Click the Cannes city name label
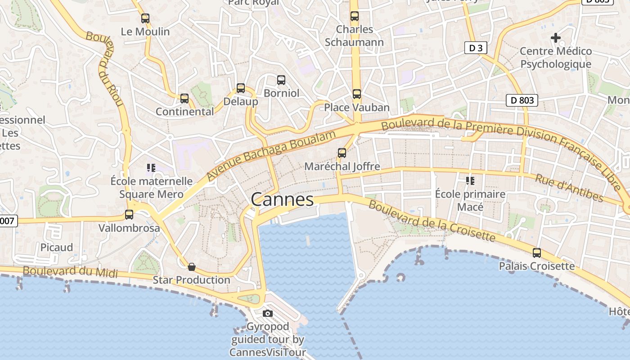(x=282, y=199)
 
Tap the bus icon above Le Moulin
(x=145, y=18)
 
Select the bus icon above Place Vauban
(x=356, y=94)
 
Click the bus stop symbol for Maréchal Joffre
(x=342, y=153)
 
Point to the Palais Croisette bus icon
(x=536, y=253)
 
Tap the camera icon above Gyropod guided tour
(x=268, y=313)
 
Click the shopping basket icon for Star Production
(x=192, y=267)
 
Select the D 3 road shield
(x=476, y=48)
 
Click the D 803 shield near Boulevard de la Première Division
(x=522, y=100)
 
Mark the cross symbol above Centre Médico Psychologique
(x=556, y=38)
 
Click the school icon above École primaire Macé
(x=470, y=181)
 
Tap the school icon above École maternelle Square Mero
(x=151, y=168)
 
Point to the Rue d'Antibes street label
(x=569, y=188)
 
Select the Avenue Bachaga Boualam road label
(x=272, y=156)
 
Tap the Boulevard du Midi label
(x=70, y=272)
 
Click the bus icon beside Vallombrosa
(x=129, y=215)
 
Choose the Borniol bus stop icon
(x=281, y=80)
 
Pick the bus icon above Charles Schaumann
(x=355, y=16)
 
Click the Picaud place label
(x=57, y=247)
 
